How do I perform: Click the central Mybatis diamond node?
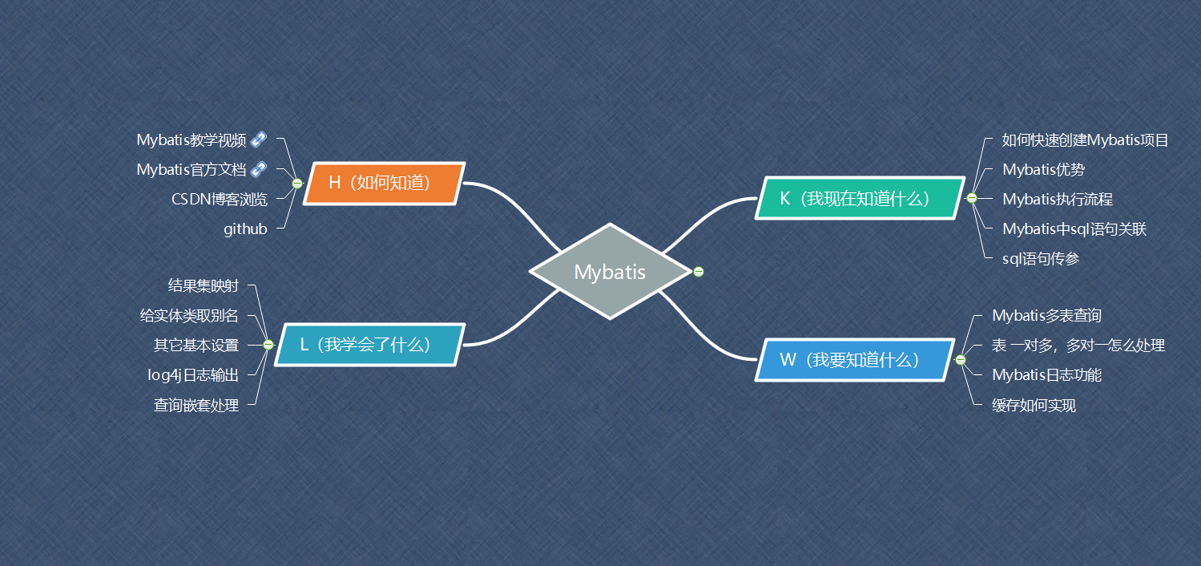(x=610, y=272)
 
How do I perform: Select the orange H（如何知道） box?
(x=385, y=184)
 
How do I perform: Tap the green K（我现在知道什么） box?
(x=860, y=198)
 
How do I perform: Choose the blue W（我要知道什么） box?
(x=854, y=360)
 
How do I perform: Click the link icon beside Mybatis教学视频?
(x=258, y=139)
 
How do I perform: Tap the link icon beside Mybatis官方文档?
(x=258, y=169)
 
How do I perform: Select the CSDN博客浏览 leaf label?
(x=219, y=199)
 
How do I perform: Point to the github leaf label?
(x=245, y=229)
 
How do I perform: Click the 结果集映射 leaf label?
(x=203, y=285)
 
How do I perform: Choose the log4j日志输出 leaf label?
(x=193, y=375)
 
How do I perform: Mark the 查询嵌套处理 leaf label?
(x=196, y=406)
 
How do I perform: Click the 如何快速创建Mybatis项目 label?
(x=1086, y=140)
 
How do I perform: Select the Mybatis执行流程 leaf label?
(x=1058, y=200)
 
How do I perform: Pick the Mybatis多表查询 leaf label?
(x=1046, y=316)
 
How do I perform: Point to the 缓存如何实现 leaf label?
(x=1034, y=406)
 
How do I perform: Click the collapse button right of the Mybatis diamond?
(x=699, y=272)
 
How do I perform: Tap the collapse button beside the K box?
(x=972, y=198)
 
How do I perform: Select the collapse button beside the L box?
(x=268, y=345)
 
